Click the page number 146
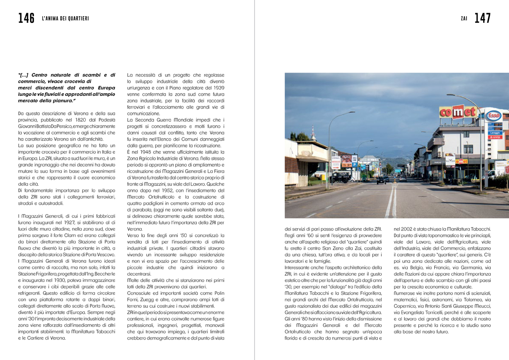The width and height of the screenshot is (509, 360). tap(26, 18)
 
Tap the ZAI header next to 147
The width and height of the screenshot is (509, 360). tap(464, 19)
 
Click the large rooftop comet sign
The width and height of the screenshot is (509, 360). tap(457, 112)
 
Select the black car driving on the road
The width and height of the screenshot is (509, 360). tap(383, 180)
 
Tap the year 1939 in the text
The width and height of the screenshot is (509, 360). tap(218, 88)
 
